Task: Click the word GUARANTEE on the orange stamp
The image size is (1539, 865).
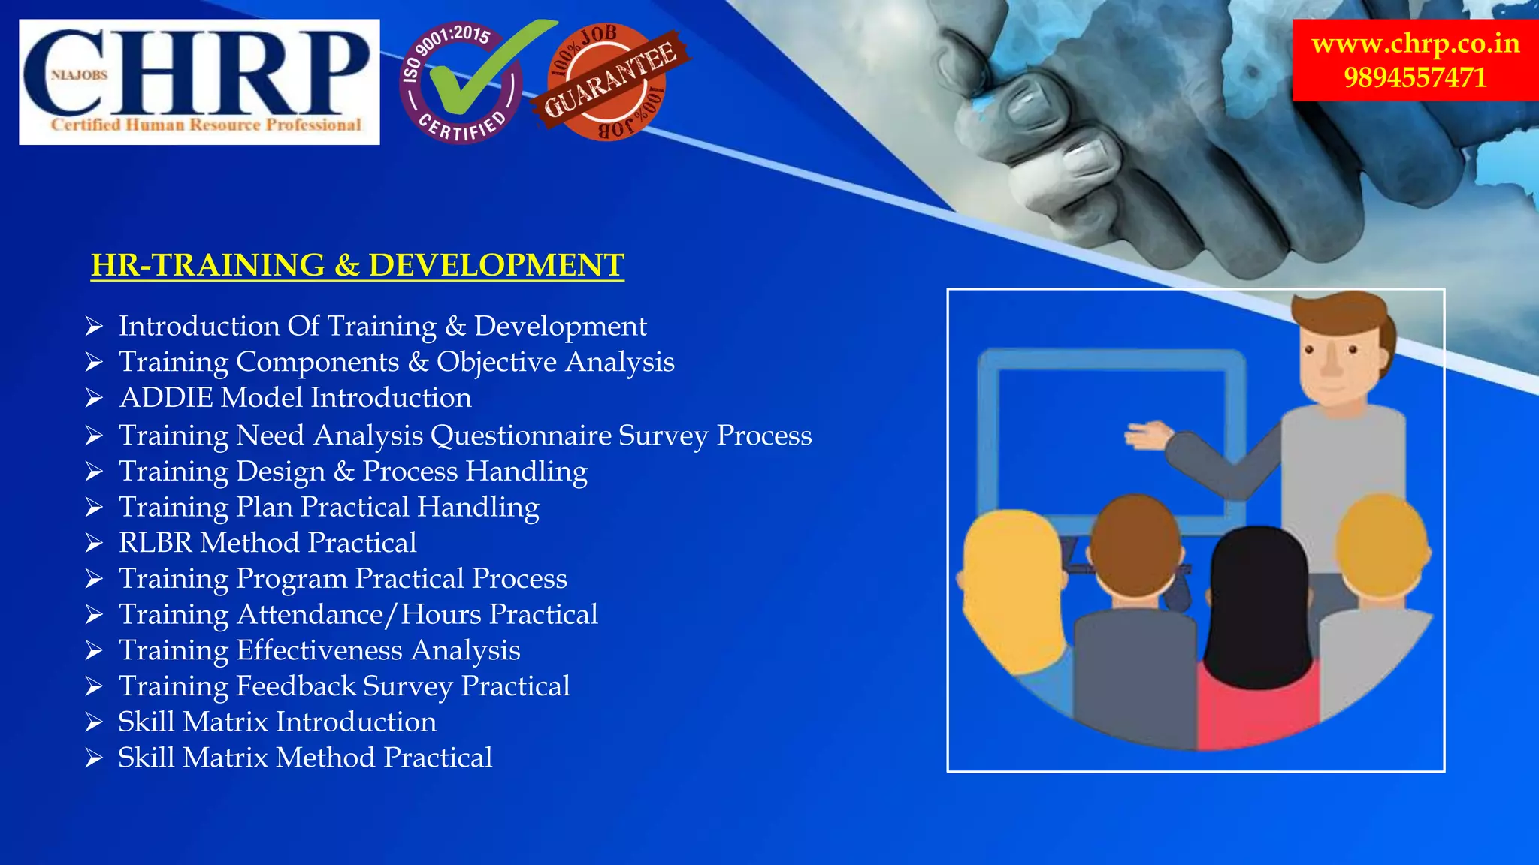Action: [x=609, y=80]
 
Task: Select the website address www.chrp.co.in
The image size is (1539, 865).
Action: [x=1415, y=43]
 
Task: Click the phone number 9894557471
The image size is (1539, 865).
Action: [x=1415, y=77]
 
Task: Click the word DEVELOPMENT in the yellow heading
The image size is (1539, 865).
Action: [x=496, y=265]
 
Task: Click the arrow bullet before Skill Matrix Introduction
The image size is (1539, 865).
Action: [x=94, y=722]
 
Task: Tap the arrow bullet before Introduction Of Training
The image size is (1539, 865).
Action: [x=94, y=326]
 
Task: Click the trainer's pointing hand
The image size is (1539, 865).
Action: [x=1147, y=435]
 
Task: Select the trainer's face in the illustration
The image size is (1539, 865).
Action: [x=1334, y=360]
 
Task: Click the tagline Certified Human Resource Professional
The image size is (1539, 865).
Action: [x=206, y=125]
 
